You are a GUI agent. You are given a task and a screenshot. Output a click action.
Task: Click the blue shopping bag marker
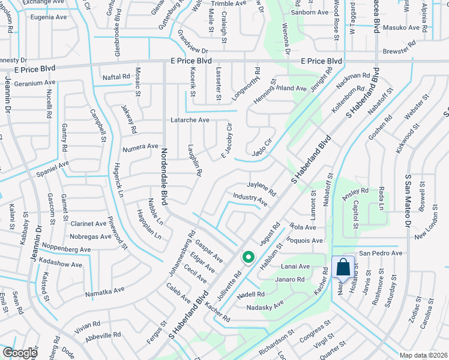[x=343, y=266]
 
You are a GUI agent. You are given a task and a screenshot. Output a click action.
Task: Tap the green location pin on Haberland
[x=248, y=258]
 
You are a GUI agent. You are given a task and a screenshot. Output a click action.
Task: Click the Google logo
[x=19, y=353]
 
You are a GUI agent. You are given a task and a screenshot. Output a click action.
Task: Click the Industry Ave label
[x=250, y=199]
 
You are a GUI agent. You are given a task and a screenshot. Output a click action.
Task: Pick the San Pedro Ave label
[x=381, y=253]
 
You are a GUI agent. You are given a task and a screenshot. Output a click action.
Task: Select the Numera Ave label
[x=140, y=146]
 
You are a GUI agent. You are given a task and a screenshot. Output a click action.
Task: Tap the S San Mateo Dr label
[x=407, y=200]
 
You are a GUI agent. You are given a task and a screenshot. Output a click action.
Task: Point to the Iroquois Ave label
[x=305, y=241]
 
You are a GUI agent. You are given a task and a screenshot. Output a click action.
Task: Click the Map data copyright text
[x=423, y=355]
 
